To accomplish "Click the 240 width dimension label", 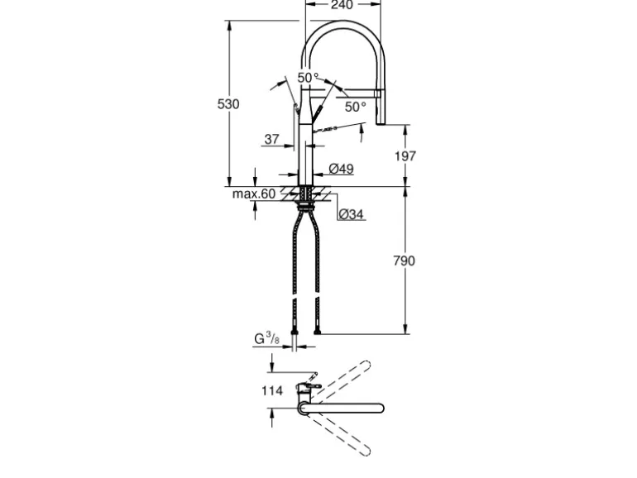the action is pos(342,5).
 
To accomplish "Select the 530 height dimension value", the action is pos(228,104).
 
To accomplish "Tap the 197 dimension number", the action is pos(405,156).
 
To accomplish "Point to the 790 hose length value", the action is pos(405,261).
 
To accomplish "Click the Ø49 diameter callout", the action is pos(341,169).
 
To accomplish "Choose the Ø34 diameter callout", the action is pos(351,214).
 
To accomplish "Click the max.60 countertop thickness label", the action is pos(254,194).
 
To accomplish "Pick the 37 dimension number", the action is pos(272,139).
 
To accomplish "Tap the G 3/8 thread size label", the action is pos(267,338).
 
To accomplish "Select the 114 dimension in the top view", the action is pos(272,390).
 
